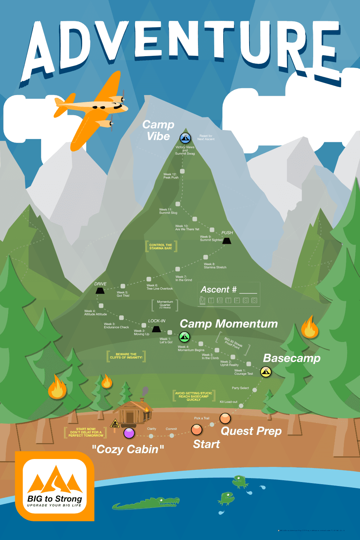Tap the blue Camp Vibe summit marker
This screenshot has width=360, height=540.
click(185, 138)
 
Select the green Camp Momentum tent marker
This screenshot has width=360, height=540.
click(184, 337)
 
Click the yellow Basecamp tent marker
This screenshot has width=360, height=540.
click(266, 372)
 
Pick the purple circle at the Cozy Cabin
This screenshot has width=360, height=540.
click(129, 433)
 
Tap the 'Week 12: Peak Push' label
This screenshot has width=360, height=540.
click(171, 176)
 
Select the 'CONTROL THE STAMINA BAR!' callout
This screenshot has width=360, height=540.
click(161, 247)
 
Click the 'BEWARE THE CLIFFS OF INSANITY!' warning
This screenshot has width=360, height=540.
click(126, 356)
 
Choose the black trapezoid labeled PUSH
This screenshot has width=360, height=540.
click(227, 241)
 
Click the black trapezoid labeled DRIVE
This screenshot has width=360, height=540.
click(100, 291)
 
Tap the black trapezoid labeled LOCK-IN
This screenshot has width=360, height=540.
click(156, 329)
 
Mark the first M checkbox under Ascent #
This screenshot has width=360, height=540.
click(202, 301)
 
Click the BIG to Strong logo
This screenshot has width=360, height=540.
click(55, 486)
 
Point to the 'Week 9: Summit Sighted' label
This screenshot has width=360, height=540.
click(211, 238)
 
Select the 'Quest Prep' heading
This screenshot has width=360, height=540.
click(251, 431)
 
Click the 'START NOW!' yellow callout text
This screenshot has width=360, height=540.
click(86, 432)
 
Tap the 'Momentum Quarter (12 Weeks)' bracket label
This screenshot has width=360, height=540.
click(165, 305)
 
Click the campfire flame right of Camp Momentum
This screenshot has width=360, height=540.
click(310, 328)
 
